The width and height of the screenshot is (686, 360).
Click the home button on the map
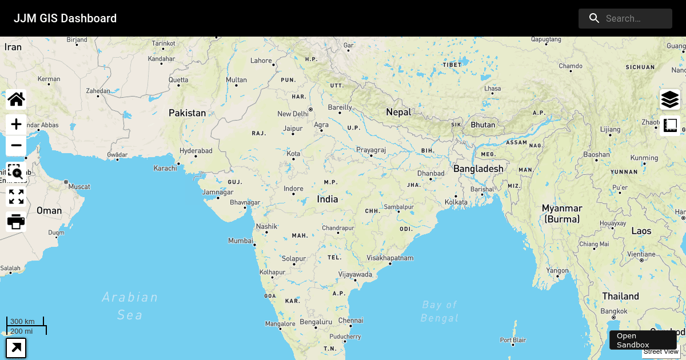point(16,99)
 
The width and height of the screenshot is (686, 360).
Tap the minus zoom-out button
point(16,146)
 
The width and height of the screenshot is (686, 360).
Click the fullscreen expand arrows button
point(16,197)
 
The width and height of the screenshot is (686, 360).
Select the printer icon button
point(16,221)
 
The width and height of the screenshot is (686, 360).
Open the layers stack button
point(670,99)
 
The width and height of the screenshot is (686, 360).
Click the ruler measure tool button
point(670,125)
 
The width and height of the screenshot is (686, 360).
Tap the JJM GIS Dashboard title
point(65,18)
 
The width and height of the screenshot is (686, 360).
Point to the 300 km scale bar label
point(22,321)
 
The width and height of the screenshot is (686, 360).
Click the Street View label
point(660,351)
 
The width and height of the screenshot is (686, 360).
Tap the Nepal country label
point(398,112)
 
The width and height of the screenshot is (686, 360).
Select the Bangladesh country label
point(478,169)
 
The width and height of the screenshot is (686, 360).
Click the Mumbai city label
point(240,241)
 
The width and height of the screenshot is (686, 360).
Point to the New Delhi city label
point(293,114)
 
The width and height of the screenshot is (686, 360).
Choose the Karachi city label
point(165,168)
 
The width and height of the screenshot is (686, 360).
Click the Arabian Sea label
point(130,306)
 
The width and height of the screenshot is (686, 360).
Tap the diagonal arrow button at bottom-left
point(16,347)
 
